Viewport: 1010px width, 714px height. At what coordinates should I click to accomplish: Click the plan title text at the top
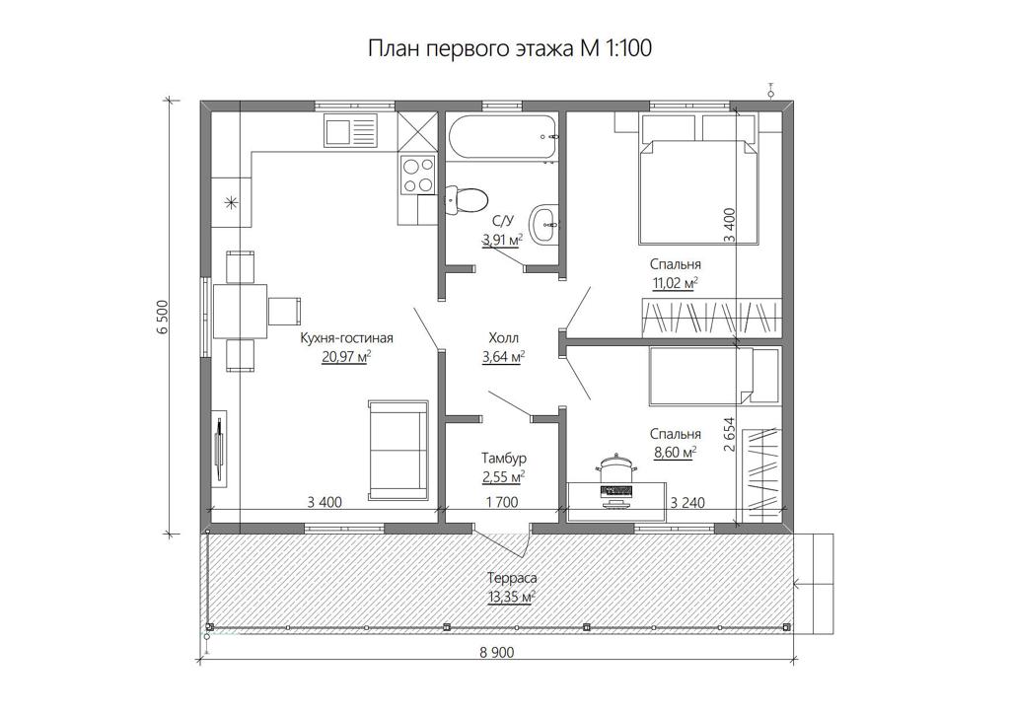click(510, 49)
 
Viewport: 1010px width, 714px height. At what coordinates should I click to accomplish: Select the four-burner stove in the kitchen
click(417, 176)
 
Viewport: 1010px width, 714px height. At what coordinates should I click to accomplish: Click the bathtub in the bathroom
click(502, 136)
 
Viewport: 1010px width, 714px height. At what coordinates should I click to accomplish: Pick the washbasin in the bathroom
click(544, 224)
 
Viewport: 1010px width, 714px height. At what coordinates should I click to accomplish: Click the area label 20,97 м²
click(346, 356)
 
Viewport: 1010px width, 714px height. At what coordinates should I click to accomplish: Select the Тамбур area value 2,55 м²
click(503, 477)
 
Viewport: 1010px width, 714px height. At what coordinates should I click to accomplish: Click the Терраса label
click(512, 578)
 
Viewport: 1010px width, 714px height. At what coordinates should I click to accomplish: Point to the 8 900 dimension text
click(497, 653)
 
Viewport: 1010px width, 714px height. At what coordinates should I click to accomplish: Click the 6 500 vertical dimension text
click(162, 317)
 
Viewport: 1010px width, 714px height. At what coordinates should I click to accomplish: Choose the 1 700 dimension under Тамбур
click(502, 502)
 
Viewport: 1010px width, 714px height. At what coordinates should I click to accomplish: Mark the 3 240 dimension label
click(687, 502)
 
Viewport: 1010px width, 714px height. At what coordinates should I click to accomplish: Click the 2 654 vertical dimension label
click(730, 435)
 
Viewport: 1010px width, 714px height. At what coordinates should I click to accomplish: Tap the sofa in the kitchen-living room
click(398, 450)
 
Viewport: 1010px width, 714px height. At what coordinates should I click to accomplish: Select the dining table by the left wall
click(240, 311)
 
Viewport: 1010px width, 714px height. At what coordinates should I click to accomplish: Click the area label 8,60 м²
click(675, 453)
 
